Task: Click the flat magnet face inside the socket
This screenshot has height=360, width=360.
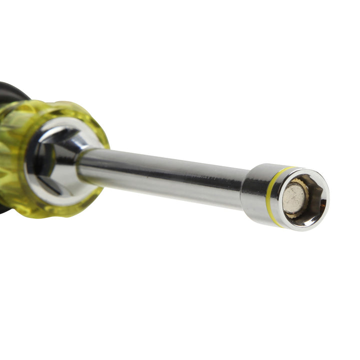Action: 293,198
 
